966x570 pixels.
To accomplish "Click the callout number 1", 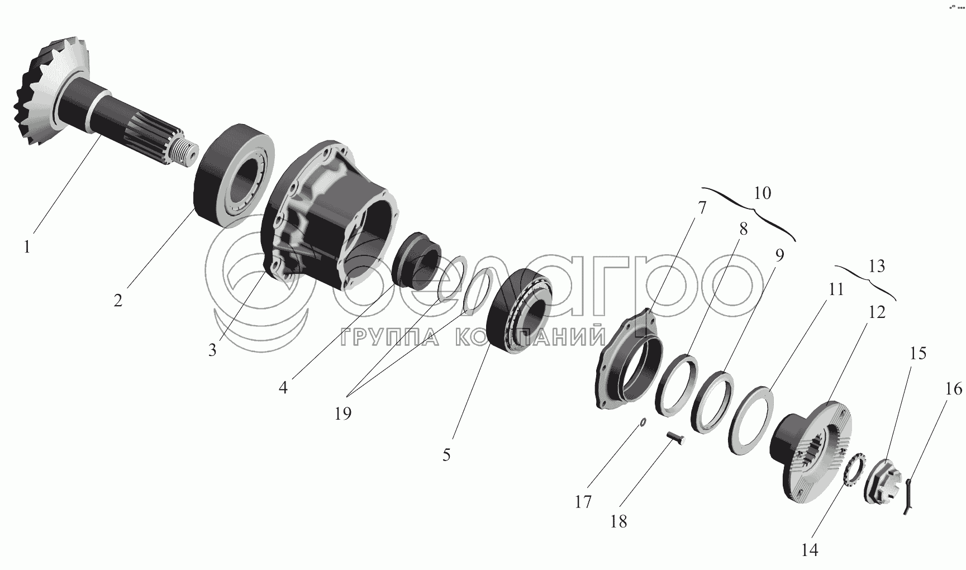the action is click(27, 246).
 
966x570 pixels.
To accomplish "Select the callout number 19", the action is click(343, 414).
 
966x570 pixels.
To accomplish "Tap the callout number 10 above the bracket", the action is click(762, 193).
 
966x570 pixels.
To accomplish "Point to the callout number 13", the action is click(877, 267).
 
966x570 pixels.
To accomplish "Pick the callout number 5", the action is click(446, 455).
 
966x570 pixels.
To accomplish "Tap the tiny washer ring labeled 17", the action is click(643, 423).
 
